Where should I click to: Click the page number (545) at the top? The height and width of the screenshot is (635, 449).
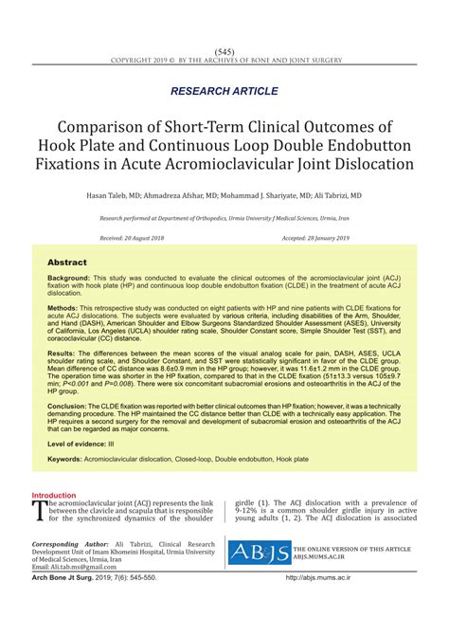[x=224, y=50]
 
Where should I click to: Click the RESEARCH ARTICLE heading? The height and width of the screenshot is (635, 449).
[x=224, y=91]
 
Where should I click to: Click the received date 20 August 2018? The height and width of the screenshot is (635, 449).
[x=131, y=238]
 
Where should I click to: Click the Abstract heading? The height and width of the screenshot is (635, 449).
[x=67, y=263]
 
